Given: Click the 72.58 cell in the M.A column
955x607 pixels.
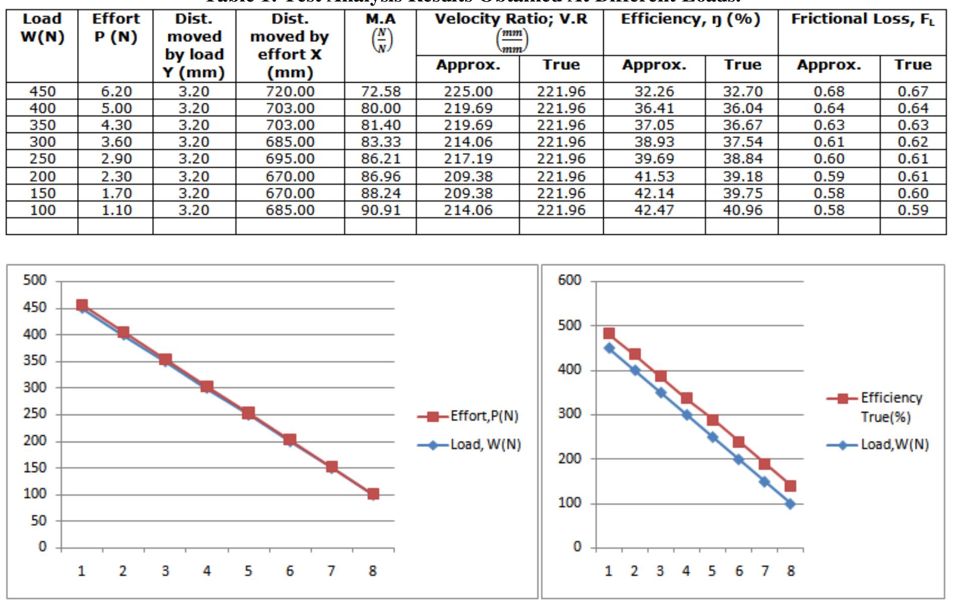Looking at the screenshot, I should click(x=380, y=92).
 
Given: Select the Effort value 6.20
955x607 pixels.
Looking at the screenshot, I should click(x=116, y=92).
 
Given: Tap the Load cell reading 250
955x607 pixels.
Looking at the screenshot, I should click(x=42, y=159).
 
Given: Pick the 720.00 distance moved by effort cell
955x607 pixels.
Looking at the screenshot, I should click(x=290, y=92).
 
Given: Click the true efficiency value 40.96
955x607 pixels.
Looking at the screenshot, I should click(x=742, y=210).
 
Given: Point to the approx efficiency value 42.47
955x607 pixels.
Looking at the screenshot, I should click(x=654, y=210).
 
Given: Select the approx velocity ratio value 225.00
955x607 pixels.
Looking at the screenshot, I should click(x=468, y=92).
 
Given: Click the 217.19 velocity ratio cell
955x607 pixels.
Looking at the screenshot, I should click(x=468, y=159).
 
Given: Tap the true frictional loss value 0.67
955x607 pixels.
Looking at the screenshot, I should click(x=913, y=92).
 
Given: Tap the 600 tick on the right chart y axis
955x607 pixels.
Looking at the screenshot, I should click(x=569, y=281).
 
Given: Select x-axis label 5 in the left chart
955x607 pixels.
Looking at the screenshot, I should click(x=248, y=571).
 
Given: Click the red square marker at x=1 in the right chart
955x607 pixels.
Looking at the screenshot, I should click(x=609, y=333).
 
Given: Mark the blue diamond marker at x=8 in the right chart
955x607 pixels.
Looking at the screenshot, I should click(x=790, y=504).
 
